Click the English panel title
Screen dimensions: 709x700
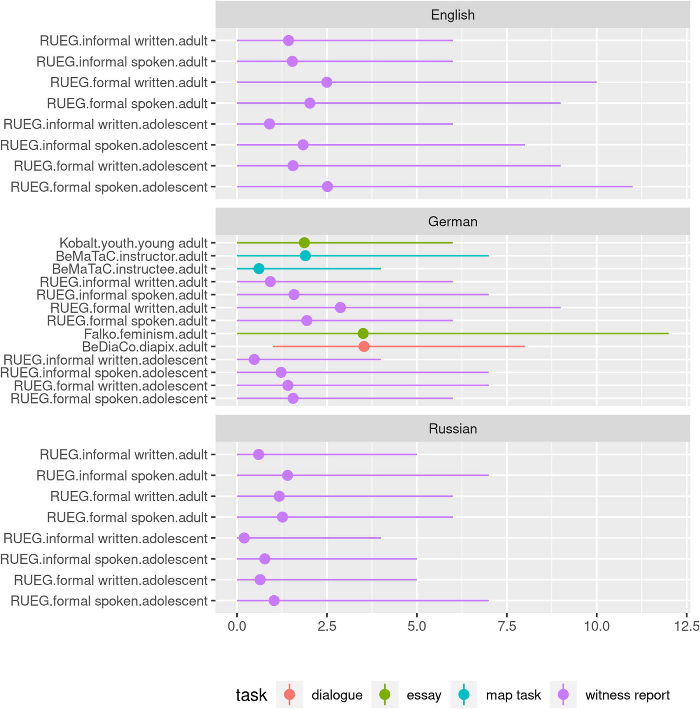pyautogui.click(x=452, y=15)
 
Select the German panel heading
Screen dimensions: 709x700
pyautogui.click(x=452, y=221)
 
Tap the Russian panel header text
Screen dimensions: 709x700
pyautogui.click(x=452, y=429)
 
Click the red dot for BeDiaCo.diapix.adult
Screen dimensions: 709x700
pyautogui.click(x=364, y=346)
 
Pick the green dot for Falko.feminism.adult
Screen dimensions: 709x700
pyautogui.click(x=363, y=333)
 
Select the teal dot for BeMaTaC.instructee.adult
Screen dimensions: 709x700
pyautogui.click(x=259, y=269)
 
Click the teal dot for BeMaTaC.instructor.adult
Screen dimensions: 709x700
pyautogui.click(x=305, y=255)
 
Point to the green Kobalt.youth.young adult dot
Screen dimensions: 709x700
pyautogui.click(x=304, y=243)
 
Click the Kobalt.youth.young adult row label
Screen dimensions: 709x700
pyautogui.click(x=133, y=243)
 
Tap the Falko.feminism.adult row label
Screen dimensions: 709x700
pyautogui.click(x=146, y=334)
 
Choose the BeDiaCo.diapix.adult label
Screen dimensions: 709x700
pyautogui.click(x=145, y=347)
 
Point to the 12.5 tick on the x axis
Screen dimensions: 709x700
pyautogui.click(x=686, y=626)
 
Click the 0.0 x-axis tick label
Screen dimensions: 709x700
pyautogui.click(x=237, y=626)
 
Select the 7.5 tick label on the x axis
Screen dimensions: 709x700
pyautogui.click(x=507, y=626)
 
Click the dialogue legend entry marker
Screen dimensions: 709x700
pyautogui.click(x=289, y=695)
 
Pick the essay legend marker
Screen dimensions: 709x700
pyautogui.click(x=385, y=695)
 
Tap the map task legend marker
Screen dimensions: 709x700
pyautogui.click(x=464, y=695)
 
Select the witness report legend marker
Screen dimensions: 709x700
pyautogui.click(x=563, y=695)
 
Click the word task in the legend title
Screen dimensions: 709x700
pyautogui.click(x=251, y=695)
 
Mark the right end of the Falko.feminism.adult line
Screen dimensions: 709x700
pyautogui.click(x=668, y=333)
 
